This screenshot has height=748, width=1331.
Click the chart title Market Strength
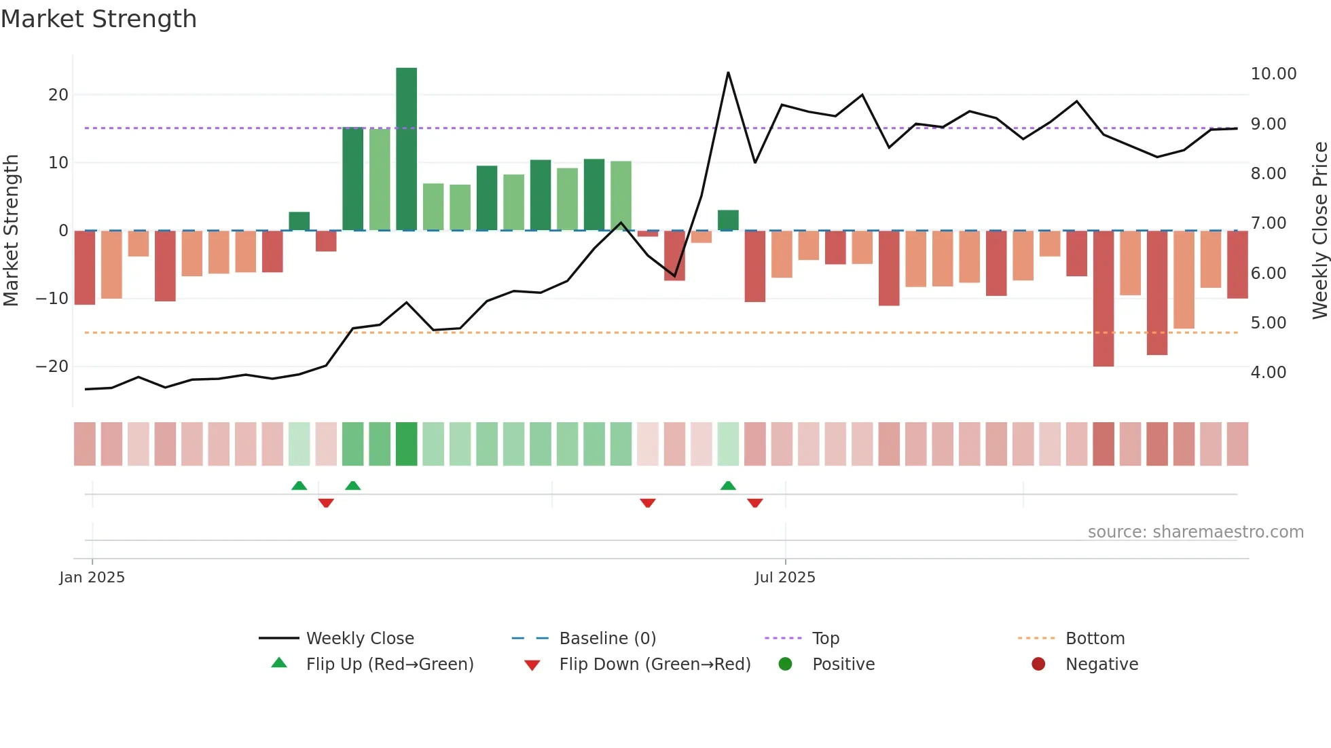98,19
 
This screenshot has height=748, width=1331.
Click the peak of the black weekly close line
728,73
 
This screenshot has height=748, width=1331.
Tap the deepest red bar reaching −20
1103,299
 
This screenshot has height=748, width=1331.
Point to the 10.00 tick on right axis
1273,73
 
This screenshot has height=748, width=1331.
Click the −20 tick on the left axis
52,367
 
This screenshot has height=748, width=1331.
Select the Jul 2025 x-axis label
784,578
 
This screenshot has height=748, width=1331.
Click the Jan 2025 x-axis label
92,578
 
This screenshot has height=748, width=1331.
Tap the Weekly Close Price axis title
1319,230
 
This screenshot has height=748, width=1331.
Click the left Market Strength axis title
11,230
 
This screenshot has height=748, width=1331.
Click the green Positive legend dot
785,665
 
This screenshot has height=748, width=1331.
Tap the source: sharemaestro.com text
1195,532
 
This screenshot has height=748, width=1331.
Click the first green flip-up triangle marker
299,485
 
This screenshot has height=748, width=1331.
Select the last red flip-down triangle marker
754,503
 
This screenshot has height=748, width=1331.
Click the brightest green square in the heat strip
406,444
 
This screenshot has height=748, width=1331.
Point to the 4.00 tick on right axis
1268,373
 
